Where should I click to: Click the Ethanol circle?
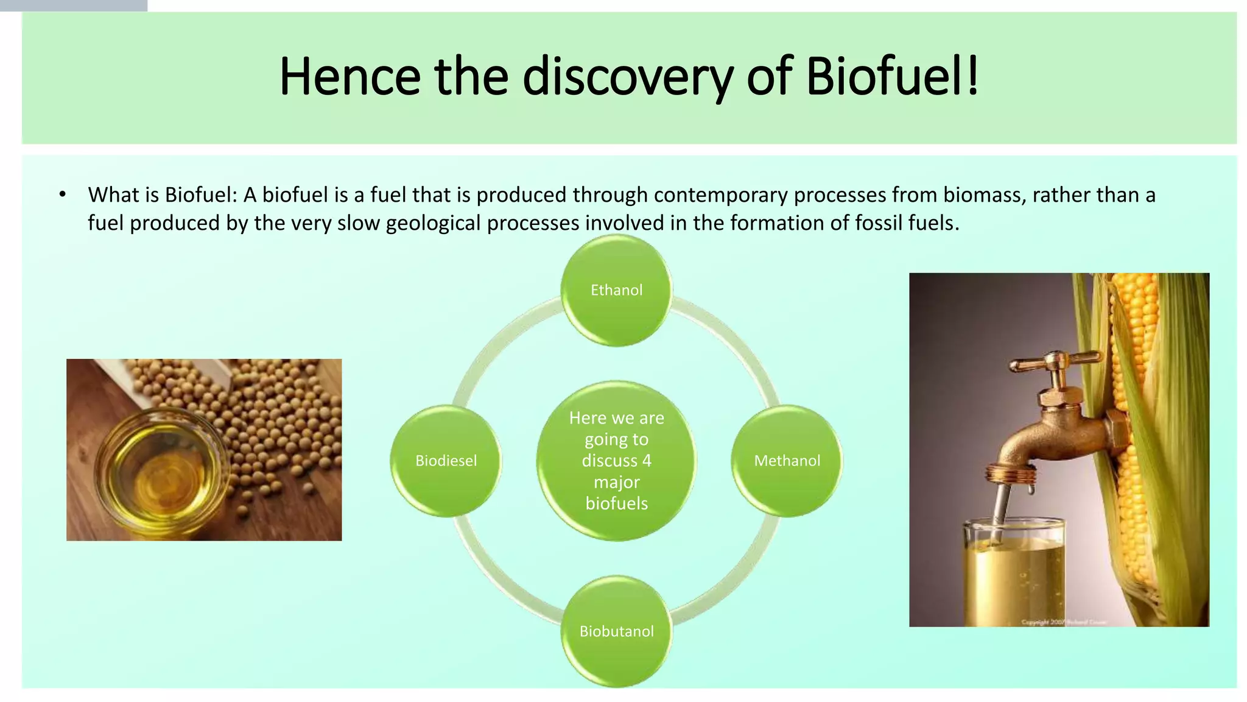616,290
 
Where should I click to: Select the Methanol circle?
787,461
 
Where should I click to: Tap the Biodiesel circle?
446,461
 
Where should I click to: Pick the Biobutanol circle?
616,631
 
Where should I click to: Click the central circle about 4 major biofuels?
616,461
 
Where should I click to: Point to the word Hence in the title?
350,77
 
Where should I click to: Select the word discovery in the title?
627,77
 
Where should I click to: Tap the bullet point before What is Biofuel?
62,195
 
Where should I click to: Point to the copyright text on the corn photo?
1063,622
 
